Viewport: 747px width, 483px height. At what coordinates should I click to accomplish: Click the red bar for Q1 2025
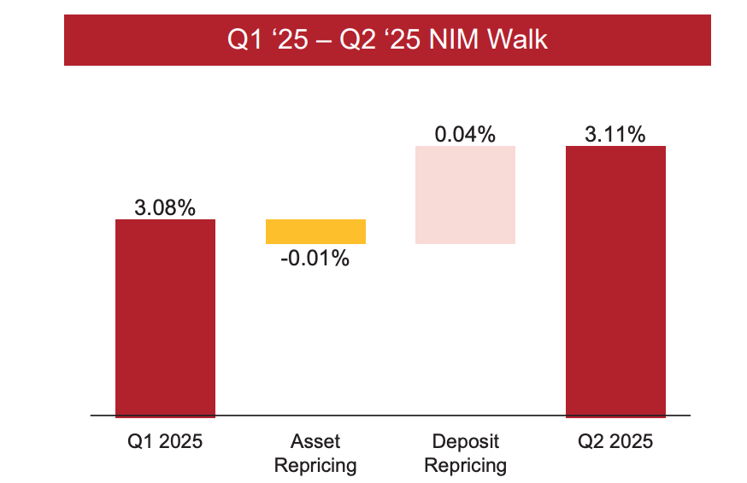pos(165,317)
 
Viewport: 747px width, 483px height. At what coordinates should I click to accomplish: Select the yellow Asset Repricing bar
pos(315,231)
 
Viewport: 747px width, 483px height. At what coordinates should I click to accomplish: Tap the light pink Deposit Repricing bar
pos(465,195)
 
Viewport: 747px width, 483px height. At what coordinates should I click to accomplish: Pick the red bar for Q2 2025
pos(615,281)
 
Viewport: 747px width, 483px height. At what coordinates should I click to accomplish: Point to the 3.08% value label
pos(165,207)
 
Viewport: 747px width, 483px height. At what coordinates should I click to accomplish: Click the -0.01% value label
pos(315,259)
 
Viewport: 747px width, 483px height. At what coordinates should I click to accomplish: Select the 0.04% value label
pos(465,134)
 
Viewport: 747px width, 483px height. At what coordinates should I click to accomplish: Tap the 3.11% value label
pos(615,134)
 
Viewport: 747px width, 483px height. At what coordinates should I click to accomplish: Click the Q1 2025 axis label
pos(165,441)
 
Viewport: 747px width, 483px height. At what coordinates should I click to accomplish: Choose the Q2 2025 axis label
pos(615,441)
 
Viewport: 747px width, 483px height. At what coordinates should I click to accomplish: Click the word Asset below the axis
pos(315,441)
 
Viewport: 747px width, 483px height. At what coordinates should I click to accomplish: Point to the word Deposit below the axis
pos(465,441)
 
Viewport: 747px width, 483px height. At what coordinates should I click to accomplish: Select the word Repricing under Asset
pos(315,466)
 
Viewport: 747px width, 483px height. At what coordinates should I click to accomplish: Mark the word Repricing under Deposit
pos(465,466)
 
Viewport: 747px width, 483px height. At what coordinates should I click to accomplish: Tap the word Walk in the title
pos(518,40)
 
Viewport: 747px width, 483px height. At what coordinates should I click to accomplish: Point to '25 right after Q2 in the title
pos(401,40)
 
